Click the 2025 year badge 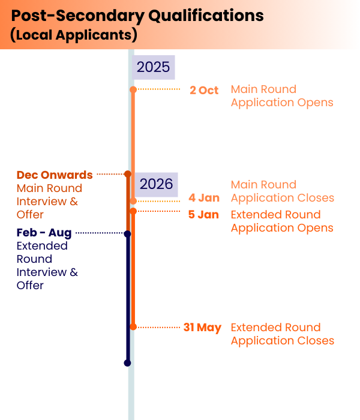(153, 67)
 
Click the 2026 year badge (156, 185)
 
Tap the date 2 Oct (204, 90)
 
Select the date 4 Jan (204, 198)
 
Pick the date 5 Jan (203, 215)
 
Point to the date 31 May (203, 328)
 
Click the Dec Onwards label (55, 175)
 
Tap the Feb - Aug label (44, 233)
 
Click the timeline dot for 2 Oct (133, 89)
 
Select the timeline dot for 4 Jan (133, 201)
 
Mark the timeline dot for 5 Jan (133, 211)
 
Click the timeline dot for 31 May (133, 327)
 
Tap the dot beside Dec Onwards (128, 174)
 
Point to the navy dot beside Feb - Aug (127, 234)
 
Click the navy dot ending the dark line (127, 363)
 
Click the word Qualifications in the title (206, 16)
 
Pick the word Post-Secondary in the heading (78, 16)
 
